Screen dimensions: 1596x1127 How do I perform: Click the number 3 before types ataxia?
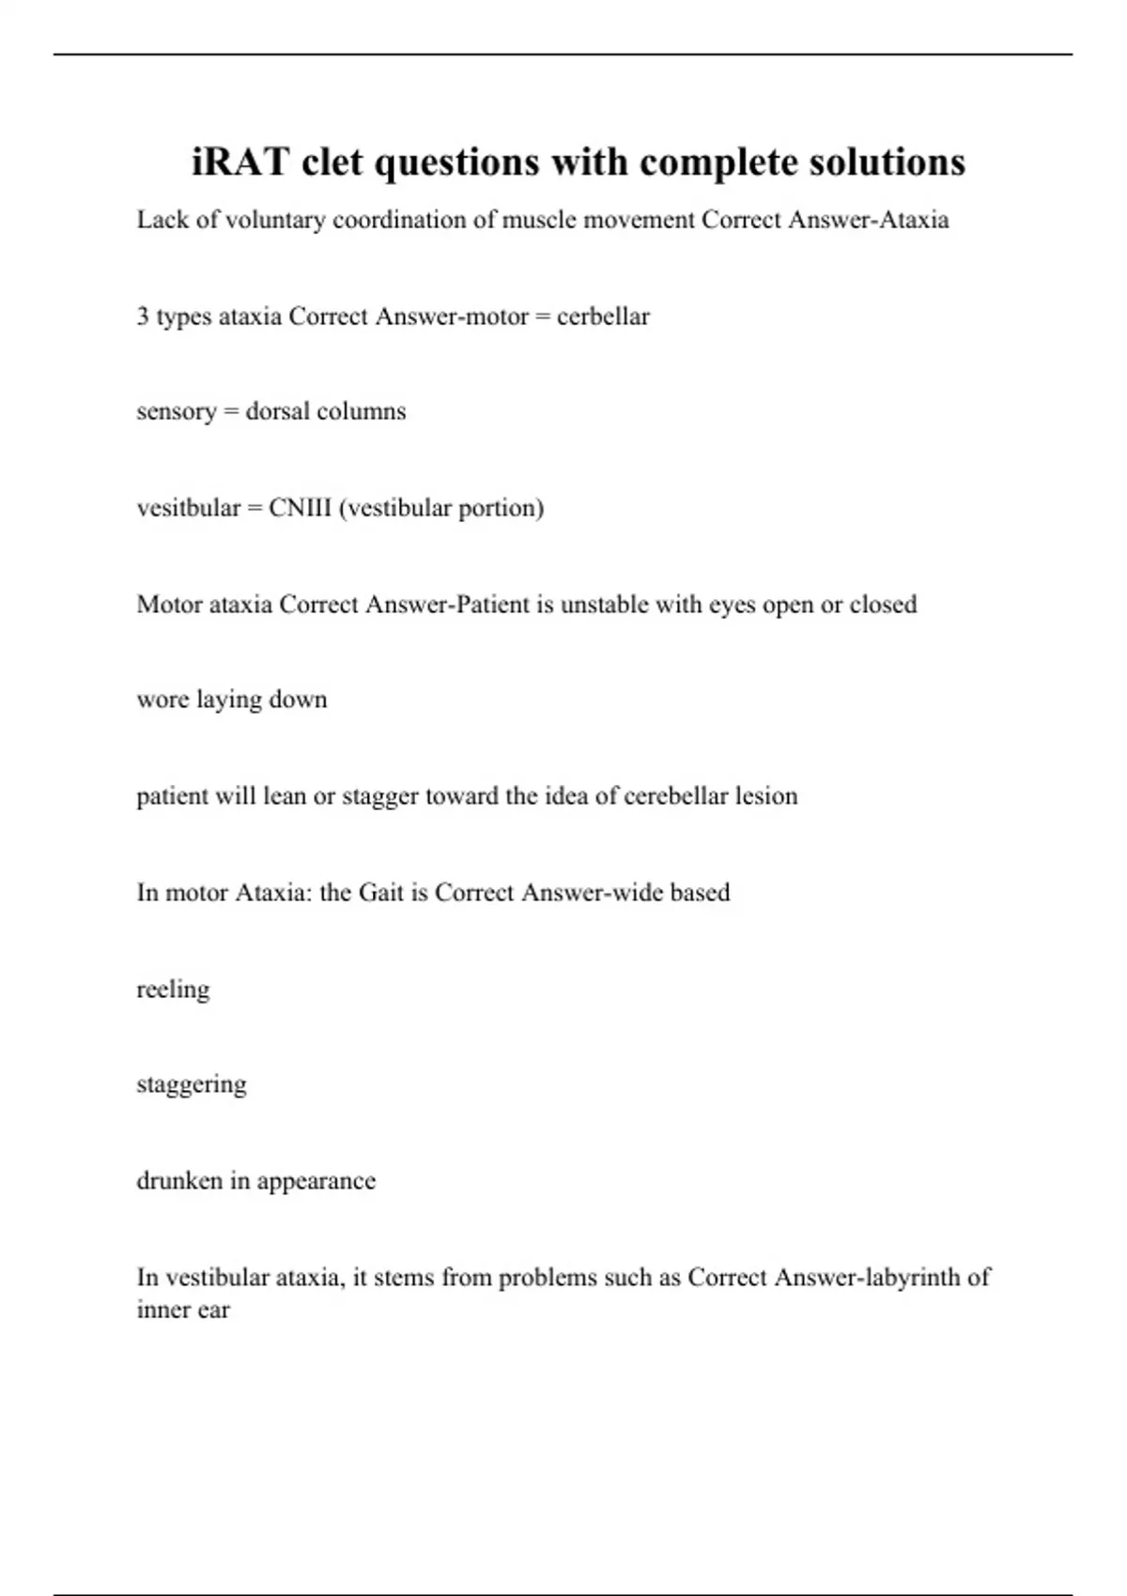[x=143, y=316]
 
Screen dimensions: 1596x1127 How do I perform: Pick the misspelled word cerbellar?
[x=603, y=316]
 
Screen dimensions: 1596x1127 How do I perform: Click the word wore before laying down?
[x=162, y=700]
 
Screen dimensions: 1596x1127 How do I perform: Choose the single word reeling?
[x=173, y=990]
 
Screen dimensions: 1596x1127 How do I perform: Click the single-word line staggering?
[x=192, y=1084]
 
